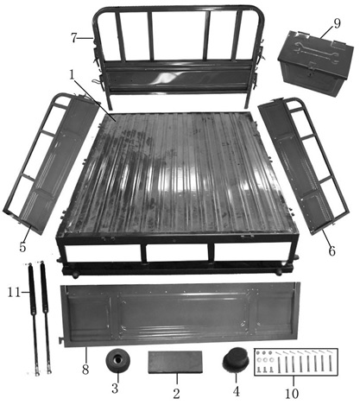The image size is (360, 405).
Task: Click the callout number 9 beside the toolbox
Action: click(337, 23)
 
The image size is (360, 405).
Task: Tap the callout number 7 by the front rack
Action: click(74, 38)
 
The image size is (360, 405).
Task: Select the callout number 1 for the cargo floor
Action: click(72, 75)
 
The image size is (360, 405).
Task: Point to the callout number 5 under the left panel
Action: click(22, 247)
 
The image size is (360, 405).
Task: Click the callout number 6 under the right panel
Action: click(332, 251)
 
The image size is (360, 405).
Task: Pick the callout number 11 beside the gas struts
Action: click(14, 293)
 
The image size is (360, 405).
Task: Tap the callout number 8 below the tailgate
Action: click(85, 370)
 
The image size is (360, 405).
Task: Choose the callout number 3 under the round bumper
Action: click(115, 389)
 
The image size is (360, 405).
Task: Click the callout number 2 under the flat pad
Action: click(176, 394)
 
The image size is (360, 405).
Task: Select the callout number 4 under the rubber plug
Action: click(237, 391)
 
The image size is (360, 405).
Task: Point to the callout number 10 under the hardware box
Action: click(293, 394)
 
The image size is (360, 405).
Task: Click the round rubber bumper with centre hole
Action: click(117, 360)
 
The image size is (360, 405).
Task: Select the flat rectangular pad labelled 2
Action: click(175, 362)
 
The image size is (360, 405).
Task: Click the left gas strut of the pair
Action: click(33, 319)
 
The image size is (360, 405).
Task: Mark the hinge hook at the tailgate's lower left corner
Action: click(61, 340)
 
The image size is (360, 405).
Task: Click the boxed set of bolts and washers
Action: click(296, 362)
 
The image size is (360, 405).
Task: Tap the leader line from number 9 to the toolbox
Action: click(327, 33)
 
